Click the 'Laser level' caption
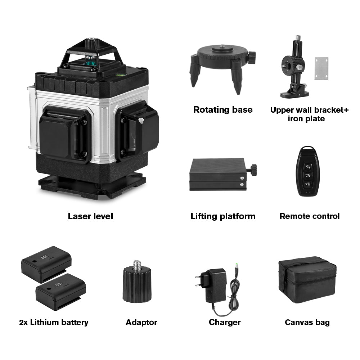pyautogui.click(x=90, y=216)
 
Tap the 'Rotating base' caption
pyautogui.click(x=223, y=110)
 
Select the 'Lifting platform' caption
pyautogui.click(x=223, y=216)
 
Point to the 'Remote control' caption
pyautogui.click(x=310, y=216)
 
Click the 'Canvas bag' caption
pyautogui.click(x=307, y=322)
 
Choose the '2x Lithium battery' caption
pyautogui.click(x=54, y=322)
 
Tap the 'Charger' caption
pyautogui.click(x=225, y=322)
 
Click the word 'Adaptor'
pyautogui.click(x=141, y=322)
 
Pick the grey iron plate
pyautogui.click(x=321, y=68)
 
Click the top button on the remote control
pyautogui.click(x=308, y=167)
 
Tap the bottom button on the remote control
pyautogui.click(x=308, y=184)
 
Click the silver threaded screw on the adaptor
pyautogui.click(x=137, y=266)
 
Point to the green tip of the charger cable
pyautogui.click(x=236, y=265)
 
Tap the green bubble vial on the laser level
pyautogui.click(x=119, y=75)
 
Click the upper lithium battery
pyautogui.click(x=46, y=264)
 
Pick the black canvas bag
pyautogui.click(x=307, y=280)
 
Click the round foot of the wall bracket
pyautogui.click(x=295, y=94)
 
